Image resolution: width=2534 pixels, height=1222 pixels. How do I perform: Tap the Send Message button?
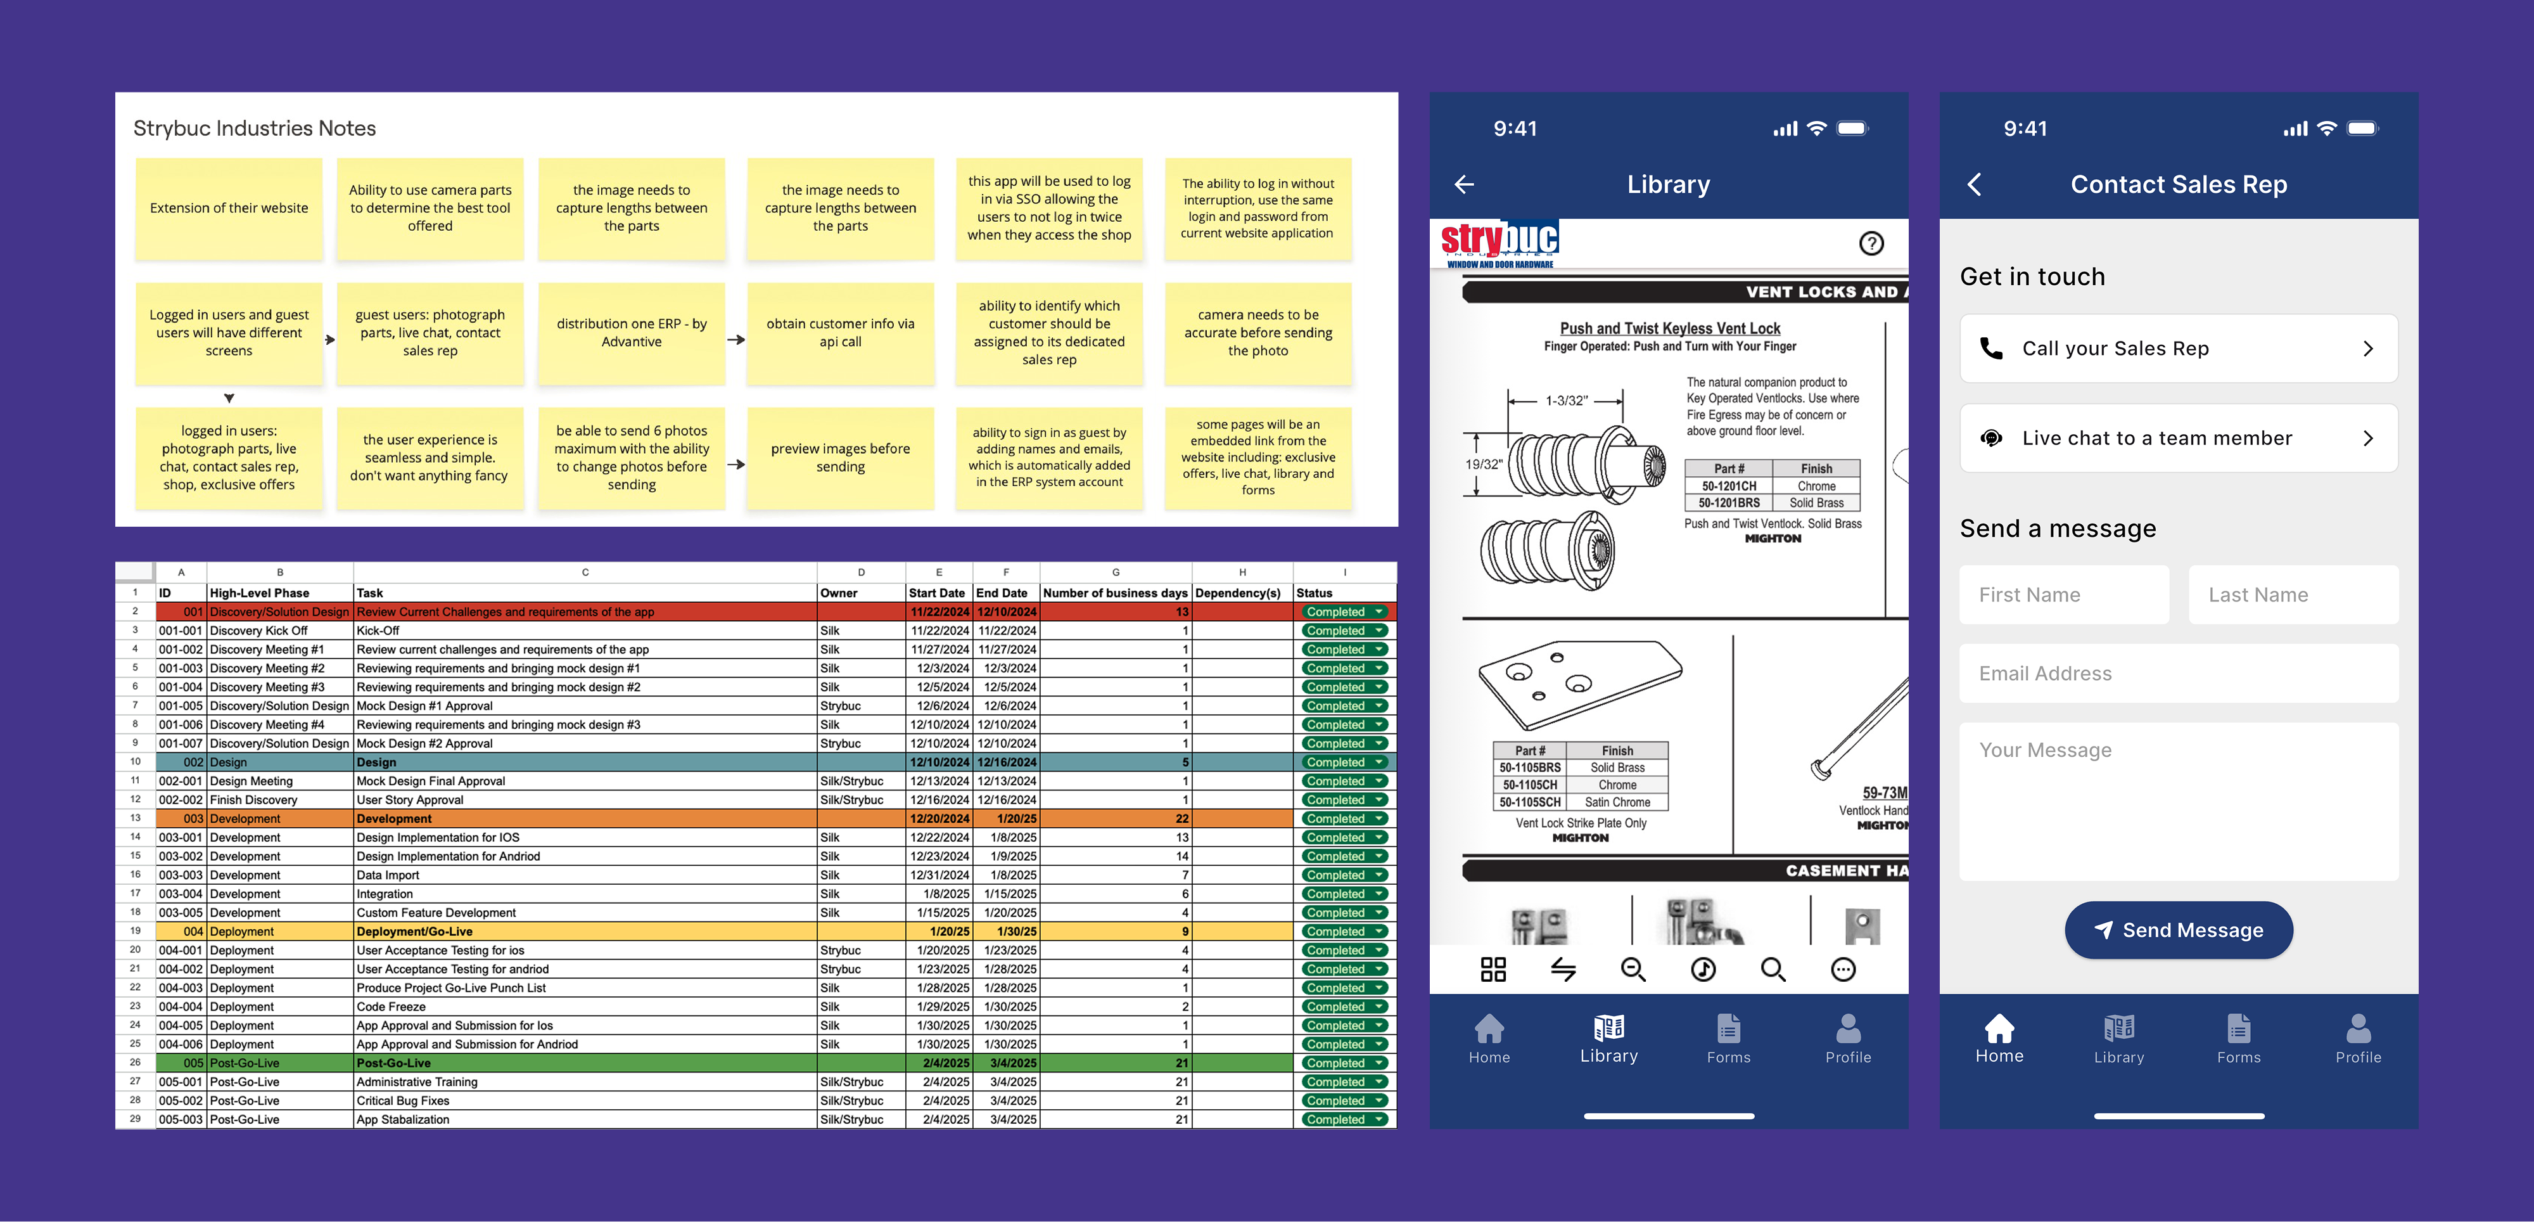click(x=2178, y=930)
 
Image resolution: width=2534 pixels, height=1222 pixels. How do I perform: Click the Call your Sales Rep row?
click(x=2178, y=349)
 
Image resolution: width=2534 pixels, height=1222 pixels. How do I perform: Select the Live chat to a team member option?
click(x=2178, y=438)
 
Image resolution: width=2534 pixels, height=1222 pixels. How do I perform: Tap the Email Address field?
click(x=2178, y=673)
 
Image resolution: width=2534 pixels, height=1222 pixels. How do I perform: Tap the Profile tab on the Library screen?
click(x=1847, y=1039)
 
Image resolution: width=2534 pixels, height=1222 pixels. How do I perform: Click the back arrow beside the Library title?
click(x=1464, y=184)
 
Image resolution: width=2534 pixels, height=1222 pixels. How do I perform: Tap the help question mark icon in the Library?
click(x=1871, y=243)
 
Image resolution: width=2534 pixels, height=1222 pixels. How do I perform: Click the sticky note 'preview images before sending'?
click(x=840, y=458)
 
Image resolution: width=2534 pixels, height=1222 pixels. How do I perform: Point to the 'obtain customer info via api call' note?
click(x=840, y=333)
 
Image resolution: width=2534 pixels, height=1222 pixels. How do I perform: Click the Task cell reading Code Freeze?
click(x=392, y=1007)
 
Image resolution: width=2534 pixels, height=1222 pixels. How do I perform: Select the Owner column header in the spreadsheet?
click(x=839, y=593)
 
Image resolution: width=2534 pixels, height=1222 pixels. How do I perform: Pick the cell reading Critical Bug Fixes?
click(x=404, y=1100)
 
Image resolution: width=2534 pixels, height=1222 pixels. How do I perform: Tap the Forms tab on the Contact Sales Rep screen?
click(x=2238, y=1039)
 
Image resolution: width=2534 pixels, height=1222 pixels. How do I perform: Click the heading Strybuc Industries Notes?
click(x=255, y=128)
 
